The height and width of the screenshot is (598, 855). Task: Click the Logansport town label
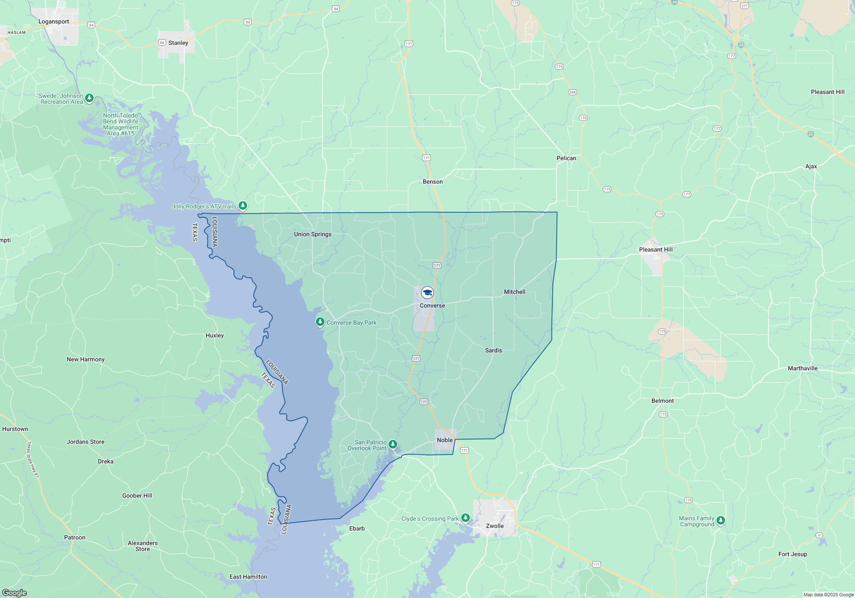click(x=53, y=21)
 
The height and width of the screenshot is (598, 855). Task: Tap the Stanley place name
click(x=178, y=43)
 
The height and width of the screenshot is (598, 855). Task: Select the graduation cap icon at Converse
click(x=427, y=293)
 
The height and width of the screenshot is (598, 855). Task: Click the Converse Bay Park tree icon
click(x=320, y=322)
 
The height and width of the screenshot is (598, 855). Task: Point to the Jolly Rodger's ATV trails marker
click(x=242, y=206)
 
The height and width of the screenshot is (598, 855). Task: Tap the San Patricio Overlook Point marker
click(x=392, y=445)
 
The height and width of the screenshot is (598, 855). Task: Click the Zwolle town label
click(x=495, y=526)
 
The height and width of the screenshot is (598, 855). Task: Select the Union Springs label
click(x=313, y=234)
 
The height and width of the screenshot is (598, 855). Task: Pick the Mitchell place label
click(x=514, y=292)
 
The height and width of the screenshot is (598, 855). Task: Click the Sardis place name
click(x=493, y=350)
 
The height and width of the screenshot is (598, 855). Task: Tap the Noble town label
click(x=445, y=440)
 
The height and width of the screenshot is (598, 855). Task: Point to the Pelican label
click(x=566, y=158)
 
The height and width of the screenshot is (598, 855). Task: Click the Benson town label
click(x=433, y=182)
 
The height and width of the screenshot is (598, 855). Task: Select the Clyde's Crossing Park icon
click(x=465, y=518)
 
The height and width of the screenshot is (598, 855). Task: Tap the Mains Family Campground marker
click(x=720, y=520)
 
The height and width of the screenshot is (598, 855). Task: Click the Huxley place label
click(x=215, y=335)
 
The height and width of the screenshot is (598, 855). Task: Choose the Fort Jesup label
click(x=793, y=554)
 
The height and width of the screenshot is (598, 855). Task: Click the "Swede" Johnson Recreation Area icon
click(x=89, y=98)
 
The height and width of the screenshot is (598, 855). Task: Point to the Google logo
click(x=15, y=593)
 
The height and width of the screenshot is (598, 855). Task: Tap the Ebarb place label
click(x=357, y=528)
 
